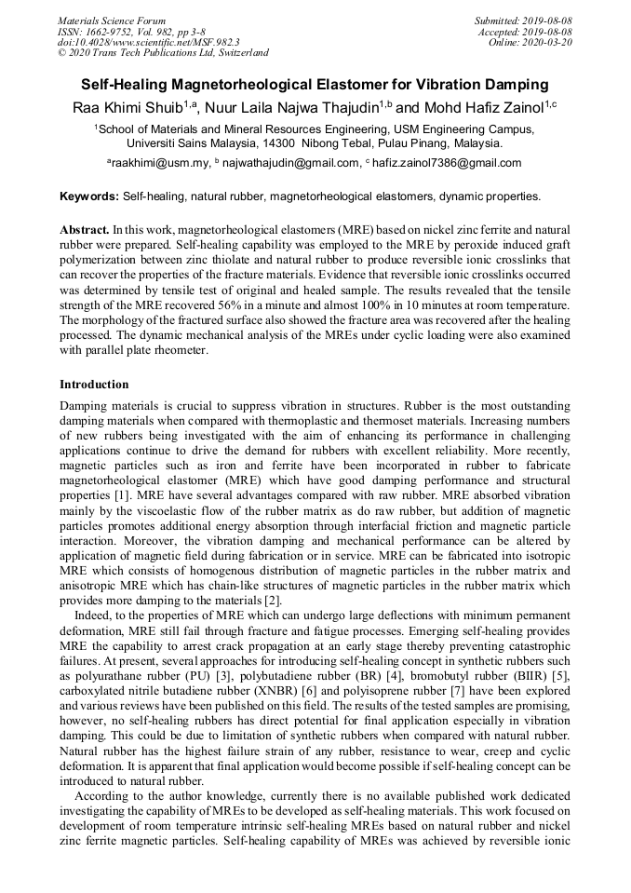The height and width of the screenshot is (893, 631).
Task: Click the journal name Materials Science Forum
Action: click(x=112, y=20)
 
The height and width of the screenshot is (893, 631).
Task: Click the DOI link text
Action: click(x=148, y=42)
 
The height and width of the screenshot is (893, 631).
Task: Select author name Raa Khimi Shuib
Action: click(x=125, y=107)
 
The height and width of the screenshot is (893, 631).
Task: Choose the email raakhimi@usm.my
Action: click(x=161, y=163)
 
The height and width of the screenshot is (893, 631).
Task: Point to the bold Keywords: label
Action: click(x=89, y=196)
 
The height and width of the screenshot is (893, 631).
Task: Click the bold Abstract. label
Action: click(x=85, y=229)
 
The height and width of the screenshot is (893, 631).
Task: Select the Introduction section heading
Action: click(x=94, y=384)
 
